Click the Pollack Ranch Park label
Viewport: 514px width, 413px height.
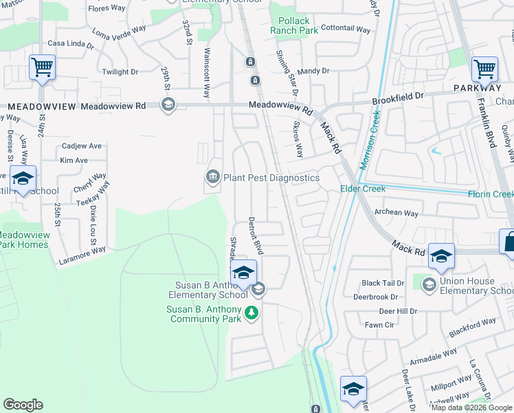click(294, 25)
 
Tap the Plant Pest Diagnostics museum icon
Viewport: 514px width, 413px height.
click(213, 178)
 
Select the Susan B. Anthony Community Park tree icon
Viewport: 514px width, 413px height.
click(252, 313)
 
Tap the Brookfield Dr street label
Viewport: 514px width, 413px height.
click(399, 98)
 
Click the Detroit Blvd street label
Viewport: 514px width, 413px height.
click(256, 235)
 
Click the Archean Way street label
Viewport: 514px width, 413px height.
click(396, 213)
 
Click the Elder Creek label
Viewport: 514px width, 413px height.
click(363, 189)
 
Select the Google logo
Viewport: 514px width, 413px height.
click(23, 405)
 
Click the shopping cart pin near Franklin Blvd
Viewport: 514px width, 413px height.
click(485, 70)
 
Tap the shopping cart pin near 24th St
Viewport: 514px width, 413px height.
click(43, 69)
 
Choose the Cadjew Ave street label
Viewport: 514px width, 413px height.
click(81, 146)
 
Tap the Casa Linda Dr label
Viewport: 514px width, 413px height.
click(70, 44)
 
